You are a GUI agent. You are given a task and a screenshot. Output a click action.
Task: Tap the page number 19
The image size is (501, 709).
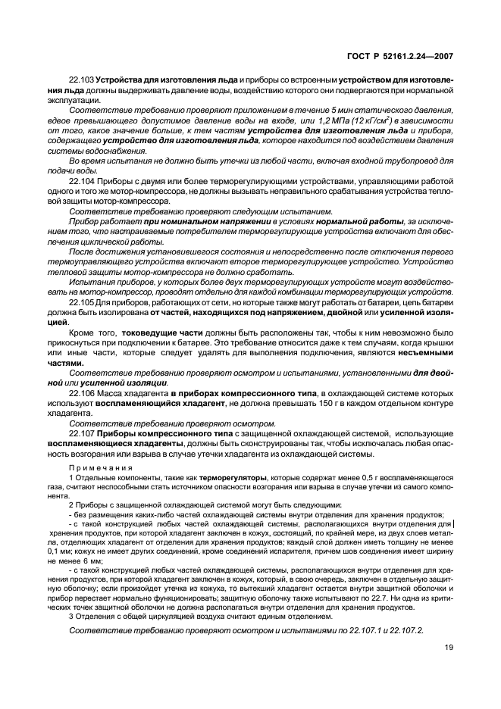[448, 646]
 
